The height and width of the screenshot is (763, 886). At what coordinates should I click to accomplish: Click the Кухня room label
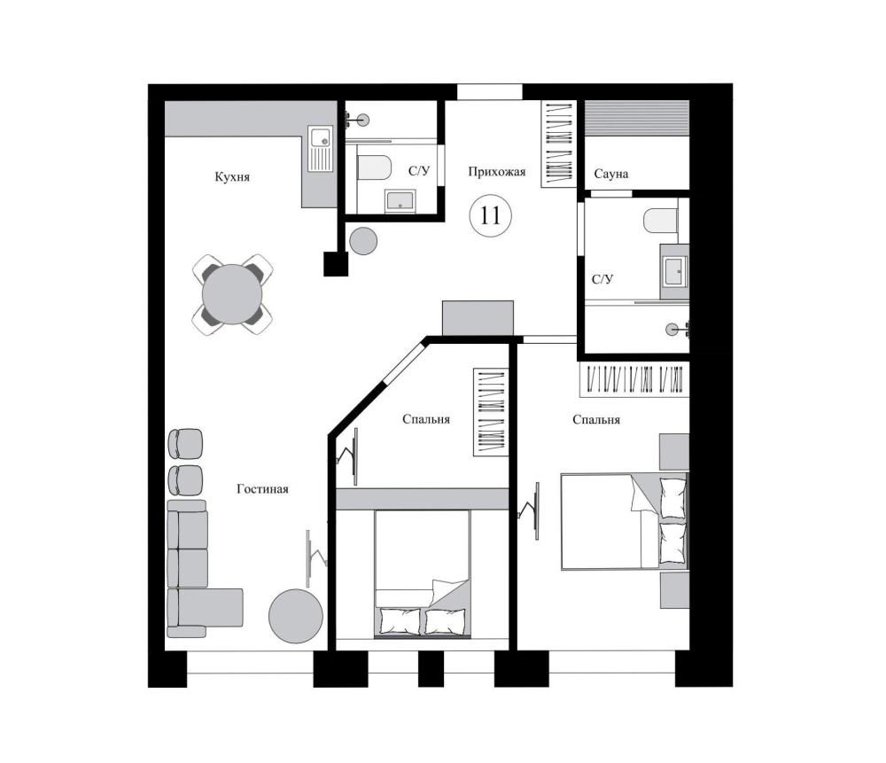tap(231, 177)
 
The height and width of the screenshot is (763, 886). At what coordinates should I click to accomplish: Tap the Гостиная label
tap(262, 489)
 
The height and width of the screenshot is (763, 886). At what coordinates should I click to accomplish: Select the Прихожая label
tap(497, 171)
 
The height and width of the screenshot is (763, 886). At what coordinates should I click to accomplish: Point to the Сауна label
tap(610, 174)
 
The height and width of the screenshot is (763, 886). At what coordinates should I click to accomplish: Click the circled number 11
tap(491, 215)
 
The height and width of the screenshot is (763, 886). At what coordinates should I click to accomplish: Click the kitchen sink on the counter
tap(321, 149)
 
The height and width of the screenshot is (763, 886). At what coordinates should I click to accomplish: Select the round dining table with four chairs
tap(232, 294)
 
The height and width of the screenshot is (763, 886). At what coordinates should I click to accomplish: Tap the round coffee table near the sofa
tap(296, 616)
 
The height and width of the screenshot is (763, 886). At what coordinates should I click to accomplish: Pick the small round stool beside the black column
tap(363, 241)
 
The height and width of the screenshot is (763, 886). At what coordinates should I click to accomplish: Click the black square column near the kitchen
tap(336, 264)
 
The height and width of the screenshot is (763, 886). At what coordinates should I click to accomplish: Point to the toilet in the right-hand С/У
tap(661, 221)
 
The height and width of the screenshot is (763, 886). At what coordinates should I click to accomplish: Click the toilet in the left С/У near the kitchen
tap(375, 167)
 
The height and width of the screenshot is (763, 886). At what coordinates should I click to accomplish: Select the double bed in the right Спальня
tap(625, 521)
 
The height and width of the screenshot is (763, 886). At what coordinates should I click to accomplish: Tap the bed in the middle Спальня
tap(423, 574)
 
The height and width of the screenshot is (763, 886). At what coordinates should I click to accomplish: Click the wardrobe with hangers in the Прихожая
tap(558, 144)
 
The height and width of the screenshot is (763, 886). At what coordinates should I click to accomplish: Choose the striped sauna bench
tap(637, 118)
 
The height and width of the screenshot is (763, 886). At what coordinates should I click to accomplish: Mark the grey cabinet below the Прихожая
tap(478, 317)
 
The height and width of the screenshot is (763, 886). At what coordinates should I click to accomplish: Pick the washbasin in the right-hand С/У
tap(674, 270)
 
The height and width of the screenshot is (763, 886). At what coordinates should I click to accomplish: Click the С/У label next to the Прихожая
tap(419, 171)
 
